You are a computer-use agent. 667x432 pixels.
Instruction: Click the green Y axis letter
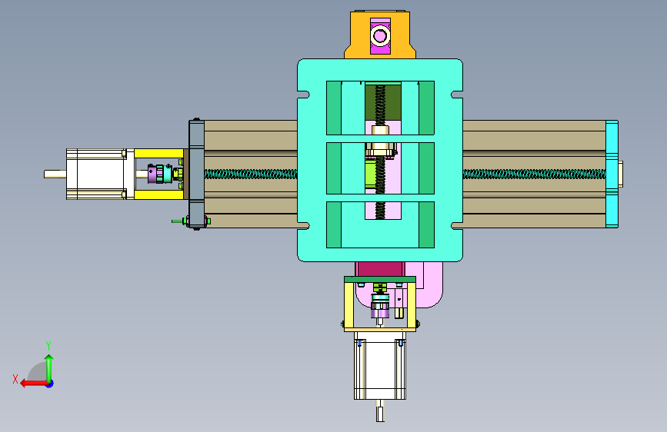coord(48,345)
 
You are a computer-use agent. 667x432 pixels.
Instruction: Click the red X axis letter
coord(15,379)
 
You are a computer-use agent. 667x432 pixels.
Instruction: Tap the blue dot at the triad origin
coord(50,384)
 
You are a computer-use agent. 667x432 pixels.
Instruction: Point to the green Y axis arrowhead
coord(49,359)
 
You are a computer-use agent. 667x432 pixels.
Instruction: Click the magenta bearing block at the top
coord(380,35)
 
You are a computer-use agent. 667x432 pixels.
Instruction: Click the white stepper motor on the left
coord(97,174)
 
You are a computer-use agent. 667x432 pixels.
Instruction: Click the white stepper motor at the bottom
coord(380,366)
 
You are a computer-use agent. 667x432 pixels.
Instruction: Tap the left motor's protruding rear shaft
coord(55,174)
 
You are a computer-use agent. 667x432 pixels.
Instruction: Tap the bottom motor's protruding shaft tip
coord(380,414)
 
